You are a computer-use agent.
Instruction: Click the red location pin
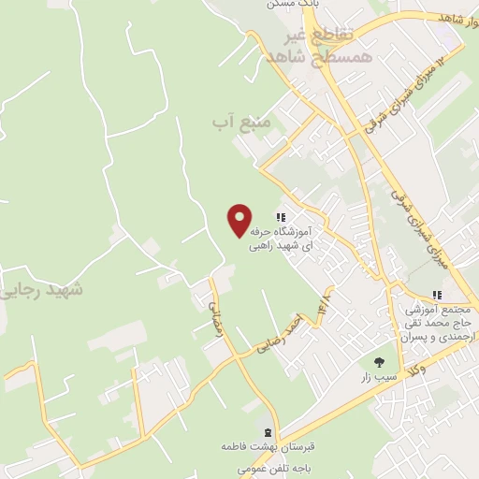tap(240, 219)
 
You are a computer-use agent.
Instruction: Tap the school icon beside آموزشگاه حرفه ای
tap(280, 217)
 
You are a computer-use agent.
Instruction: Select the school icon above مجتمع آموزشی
tap(437, 296)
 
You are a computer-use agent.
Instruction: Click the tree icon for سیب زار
tap(378, 361)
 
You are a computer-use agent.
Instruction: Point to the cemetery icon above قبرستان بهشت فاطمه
tap(269, 432)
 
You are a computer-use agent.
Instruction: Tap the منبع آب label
tap(240, 122)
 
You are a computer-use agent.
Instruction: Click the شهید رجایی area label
tap(42, 289)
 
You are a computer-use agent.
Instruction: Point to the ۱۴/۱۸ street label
tap(324, 309)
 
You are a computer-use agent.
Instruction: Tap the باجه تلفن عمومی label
tap(272, 465)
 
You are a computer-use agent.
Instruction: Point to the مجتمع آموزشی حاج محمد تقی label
tap(441, 322)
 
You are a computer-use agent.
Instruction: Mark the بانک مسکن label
tap(293, 5)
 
